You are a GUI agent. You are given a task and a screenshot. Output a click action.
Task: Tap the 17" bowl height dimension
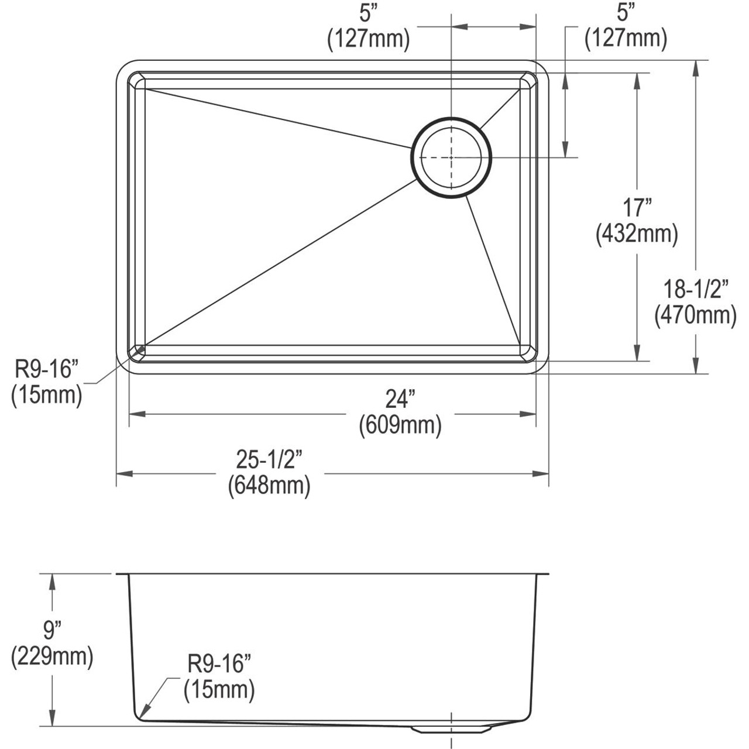[637, 208]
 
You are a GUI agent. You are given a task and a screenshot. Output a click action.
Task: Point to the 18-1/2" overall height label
[695, 288]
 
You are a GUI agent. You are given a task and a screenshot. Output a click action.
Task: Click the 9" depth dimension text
[52, 630]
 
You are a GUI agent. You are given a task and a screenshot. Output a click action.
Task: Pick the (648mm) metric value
[269, 485]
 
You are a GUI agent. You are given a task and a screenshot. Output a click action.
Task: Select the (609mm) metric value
[400, 424]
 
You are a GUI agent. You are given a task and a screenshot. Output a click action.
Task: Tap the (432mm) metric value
[637, 234]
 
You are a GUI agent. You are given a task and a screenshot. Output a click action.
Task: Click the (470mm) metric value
[695, 315]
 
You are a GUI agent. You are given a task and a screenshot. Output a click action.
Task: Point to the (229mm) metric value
[52, 657]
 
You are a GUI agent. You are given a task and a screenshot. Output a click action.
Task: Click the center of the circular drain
[451, 157]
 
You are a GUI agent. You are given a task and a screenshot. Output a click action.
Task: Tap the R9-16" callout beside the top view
[46, 369]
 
